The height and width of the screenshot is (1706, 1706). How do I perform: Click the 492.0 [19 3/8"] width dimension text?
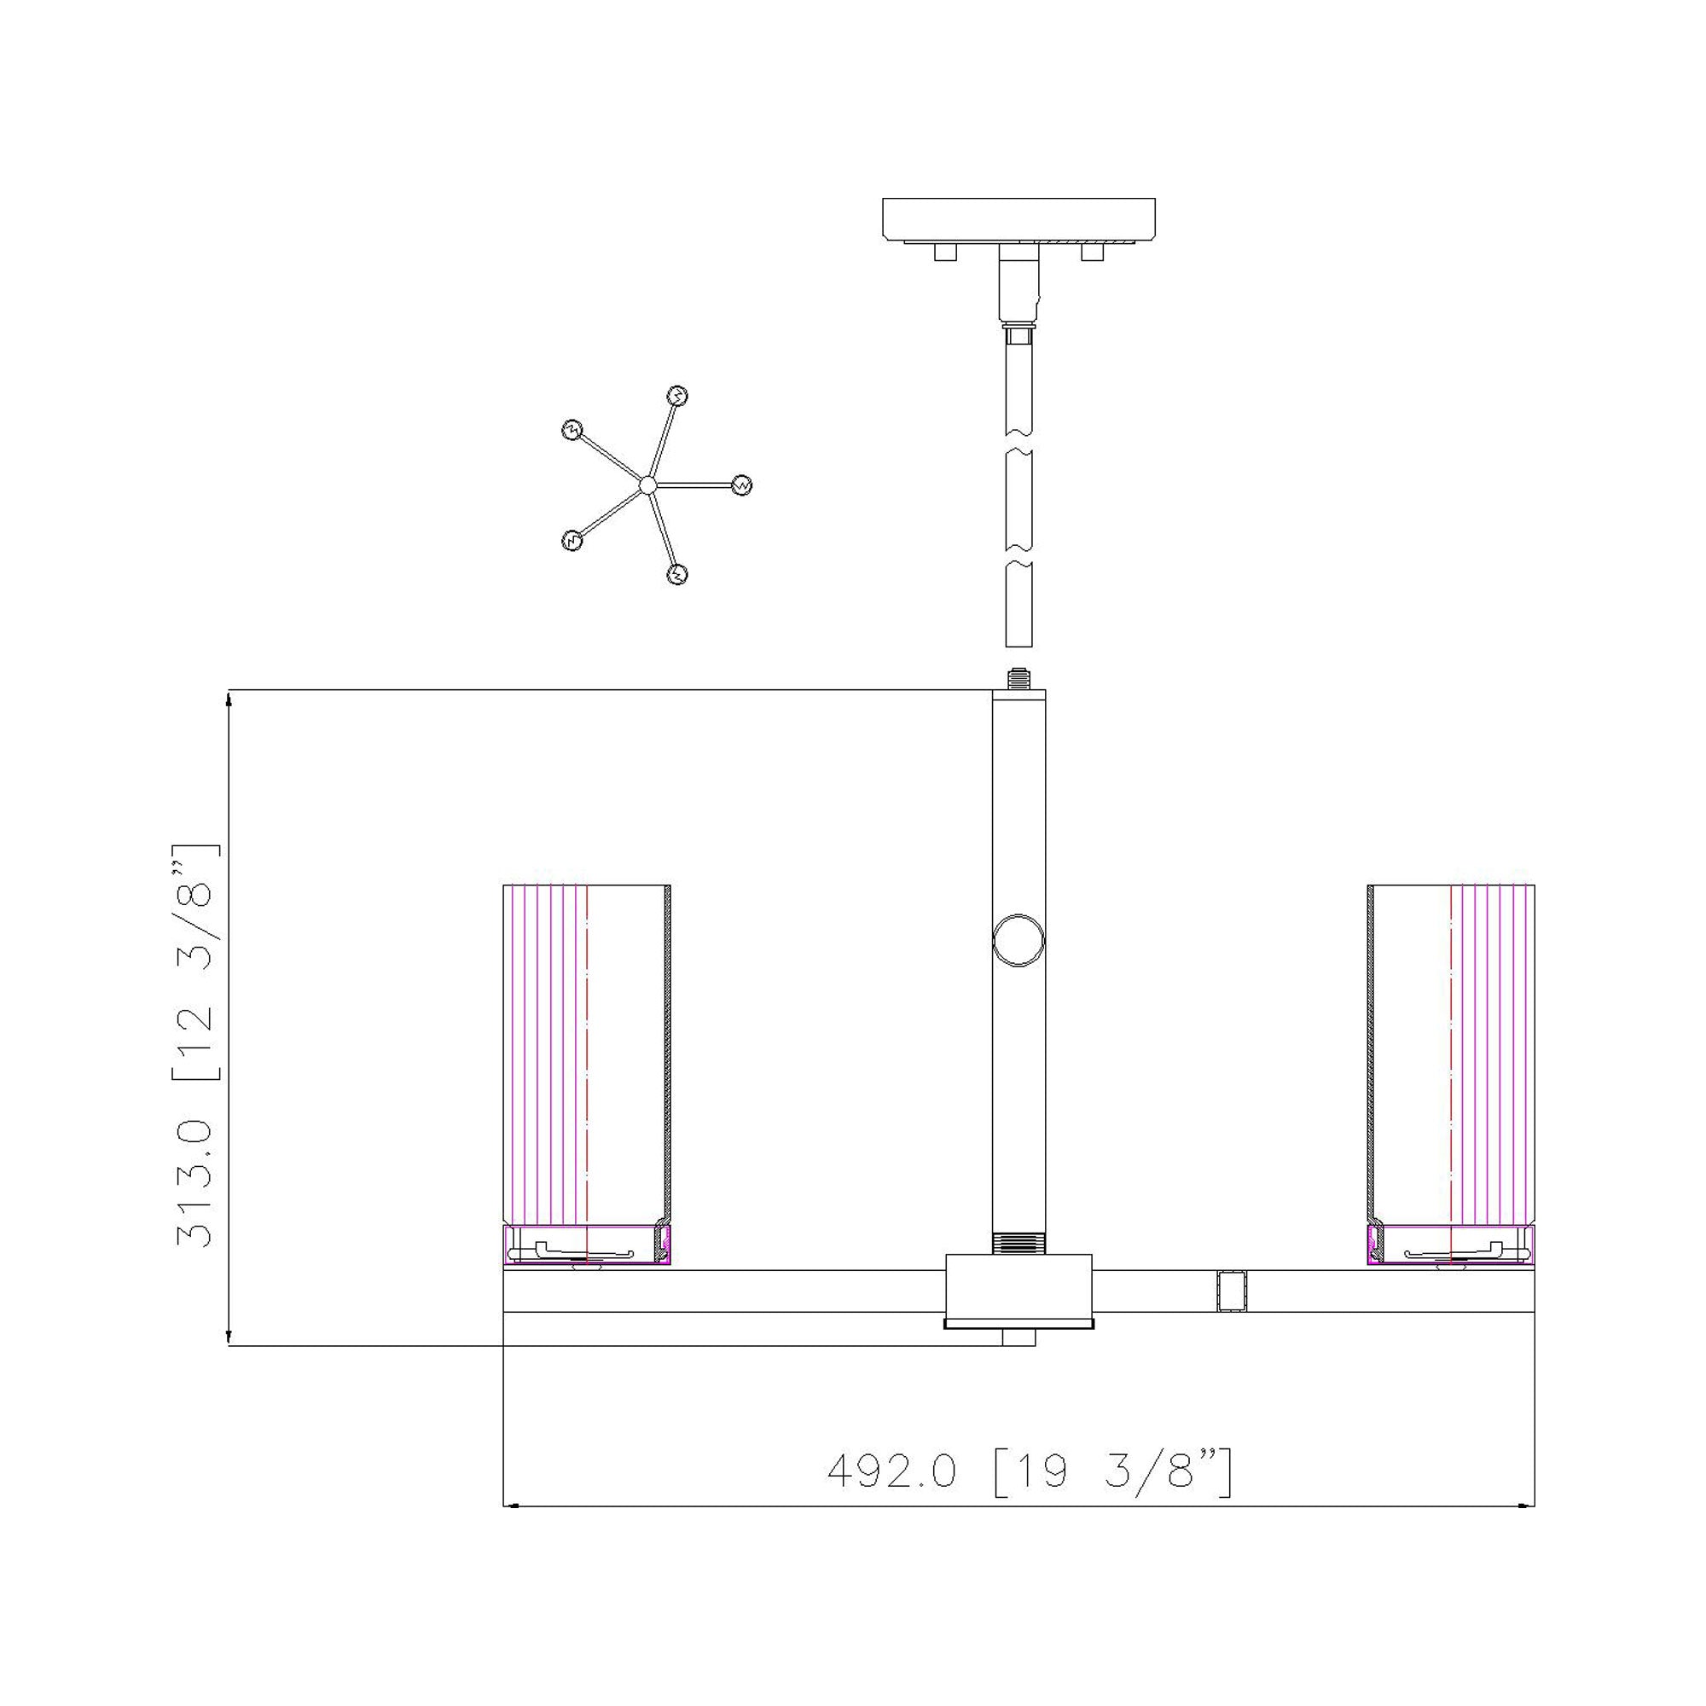pyautogui.click(x=1030, y=1472)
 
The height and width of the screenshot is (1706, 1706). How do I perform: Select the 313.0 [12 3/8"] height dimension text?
pyautogui.click(x=194, y=1046)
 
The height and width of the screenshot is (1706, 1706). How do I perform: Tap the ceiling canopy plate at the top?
pyautogui.click(x=1019, y=220)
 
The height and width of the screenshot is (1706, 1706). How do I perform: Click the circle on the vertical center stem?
pyautogui.click(x=1018, y=940)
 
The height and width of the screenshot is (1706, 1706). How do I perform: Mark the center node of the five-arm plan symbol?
pyautogui.click(x=647, y=485)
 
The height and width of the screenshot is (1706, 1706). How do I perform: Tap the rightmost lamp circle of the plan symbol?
pyautogui.click(x=743, y=485)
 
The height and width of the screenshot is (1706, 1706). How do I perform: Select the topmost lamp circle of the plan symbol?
pyautogui.click(x=677, y=396)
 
